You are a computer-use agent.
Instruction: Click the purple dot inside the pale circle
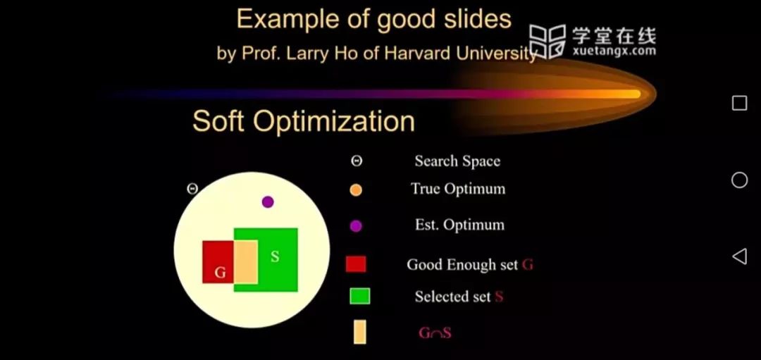[x=268, y=201]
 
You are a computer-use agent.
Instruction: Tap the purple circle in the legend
[x=356, y=225]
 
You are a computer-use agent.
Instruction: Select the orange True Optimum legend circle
[x=356, y=190]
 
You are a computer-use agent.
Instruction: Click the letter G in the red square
[x=220, y=273]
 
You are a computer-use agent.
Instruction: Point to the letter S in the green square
[x=275, y=256]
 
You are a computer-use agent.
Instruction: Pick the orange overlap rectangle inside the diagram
[x=246, y=262]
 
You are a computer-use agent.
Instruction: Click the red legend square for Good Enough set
[x=356, y=264]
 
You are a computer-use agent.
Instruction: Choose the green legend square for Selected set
[x=359, y=296]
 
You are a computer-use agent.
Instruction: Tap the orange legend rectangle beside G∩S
[x=359, y=332]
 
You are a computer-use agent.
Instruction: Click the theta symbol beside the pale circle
[x=192, y=189]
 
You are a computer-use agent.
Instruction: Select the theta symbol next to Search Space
[x=357, y=161]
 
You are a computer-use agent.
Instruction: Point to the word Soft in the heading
[x=218, y=120]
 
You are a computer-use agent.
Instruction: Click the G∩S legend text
[x=435, y=333]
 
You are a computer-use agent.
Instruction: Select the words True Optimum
[x=458, y=189]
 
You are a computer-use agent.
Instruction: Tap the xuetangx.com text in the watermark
[x=614, y=51]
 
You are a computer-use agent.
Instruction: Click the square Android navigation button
[x=739, y=103]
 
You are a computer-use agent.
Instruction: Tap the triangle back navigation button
[x=739, y=256]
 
